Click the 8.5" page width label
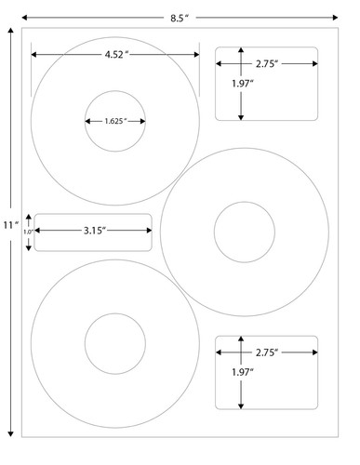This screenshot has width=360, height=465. [x=178, y=16]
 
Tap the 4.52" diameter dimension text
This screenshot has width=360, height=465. [x=117, y=56]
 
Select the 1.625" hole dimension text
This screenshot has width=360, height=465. [x=115, y=121]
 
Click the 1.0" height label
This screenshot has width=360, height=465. [x=28, y=232]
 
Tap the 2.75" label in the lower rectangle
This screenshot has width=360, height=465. [x=268, y=352]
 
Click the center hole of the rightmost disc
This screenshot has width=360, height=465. [x=244, y=232]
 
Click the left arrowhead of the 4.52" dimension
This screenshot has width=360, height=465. [x=33, y=56]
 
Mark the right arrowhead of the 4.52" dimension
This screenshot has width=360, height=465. [x=198, y=56]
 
